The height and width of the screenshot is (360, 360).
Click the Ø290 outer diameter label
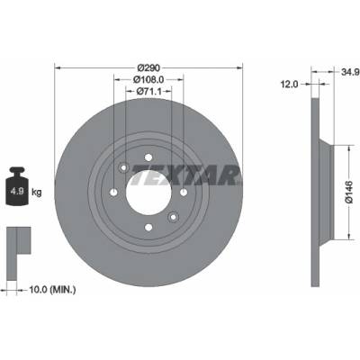pos(148,68)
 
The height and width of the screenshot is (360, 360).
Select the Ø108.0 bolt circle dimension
pos(148,79)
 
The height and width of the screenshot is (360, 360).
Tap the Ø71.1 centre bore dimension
pos(148,91)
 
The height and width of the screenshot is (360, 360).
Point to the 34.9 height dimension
pos(350,72)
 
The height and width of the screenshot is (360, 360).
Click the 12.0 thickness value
pos(289,85)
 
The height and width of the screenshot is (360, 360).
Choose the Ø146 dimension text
pos(349,192)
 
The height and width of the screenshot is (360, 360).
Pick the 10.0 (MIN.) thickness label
pos(52,290)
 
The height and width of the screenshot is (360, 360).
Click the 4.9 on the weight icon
pos(17,191)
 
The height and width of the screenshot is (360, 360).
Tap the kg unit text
pos(37,192)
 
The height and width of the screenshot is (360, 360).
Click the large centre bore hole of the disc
pos(148,193)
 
